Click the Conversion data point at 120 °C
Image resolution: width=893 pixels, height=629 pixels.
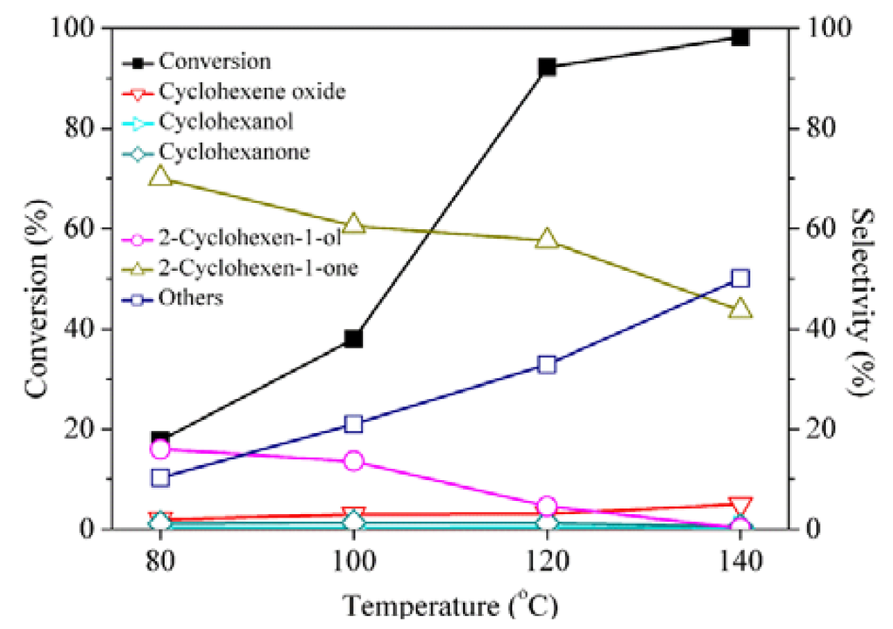point(547,67)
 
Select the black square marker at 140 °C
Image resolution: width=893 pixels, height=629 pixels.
point(740,37)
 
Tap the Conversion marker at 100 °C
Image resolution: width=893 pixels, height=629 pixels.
point(353,338)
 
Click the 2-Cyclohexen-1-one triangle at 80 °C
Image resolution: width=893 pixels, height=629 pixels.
point(160,176)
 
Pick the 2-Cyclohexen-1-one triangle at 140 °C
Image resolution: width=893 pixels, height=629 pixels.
point(740,309)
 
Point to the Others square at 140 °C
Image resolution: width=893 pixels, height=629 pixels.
point(740,279)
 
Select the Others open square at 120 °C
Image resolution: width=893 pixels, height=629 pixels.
point(547,364)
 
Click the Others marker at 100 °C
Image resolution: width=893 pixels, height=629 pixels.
point(353,424)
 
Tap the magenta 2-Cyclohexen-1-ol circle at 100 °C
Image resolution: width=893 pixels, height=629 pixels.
point(353,461)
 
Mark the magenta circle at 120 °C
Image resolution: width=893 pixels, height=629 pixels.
point(547,506)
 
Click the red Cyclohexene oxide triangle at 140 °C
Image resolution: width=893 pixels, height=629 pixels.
point(740,506)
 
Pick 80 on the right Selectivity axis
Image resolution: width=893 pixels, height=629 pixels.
point(818,128)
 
